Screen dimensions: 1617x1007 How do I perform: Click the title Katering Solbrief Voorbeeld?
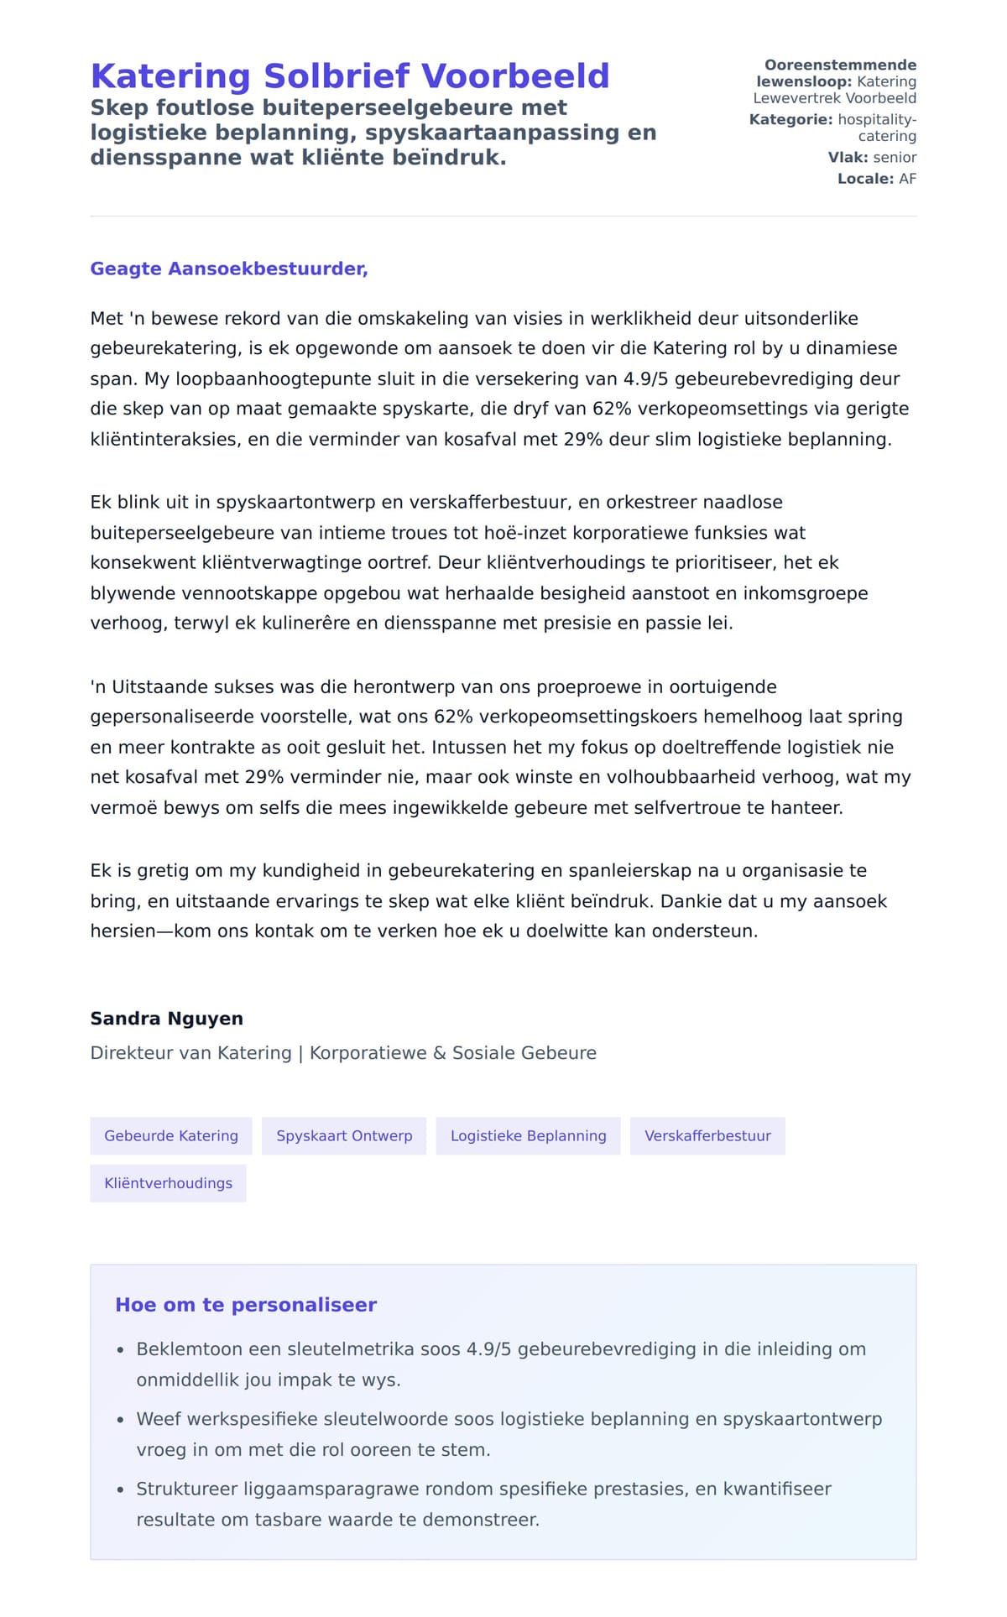click(x=349, y=76)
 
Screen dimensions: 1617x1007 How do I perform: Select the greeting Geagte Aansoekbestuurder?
click(x=228, y=269)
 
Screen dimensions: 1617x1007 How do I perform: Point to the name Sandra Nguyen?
click(x=166, y=1019)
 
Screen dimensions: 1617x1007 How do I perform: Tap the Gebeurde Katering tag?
click(x=171, y=1136)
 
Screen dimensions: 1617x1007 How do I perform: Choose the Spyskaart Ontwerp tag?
click(x=344, y=1136)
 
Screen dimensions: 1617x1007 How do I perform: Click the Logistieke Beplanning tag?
click(x=528, y=1136)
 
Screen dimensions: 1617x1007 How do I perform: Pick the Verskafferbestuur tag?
click(x=707, y=1136)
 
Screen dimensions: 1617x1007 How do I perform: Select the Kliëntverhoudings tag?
click(x=168, y=1183)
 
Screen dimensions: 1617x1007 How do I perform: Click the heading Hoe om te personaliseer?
click(x=246, y=1305)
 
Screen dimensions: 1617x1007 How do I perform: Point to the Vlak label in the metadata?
click(x=848, y=158)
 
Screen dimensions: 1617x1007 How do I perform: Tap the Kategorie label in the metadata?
click(x=790, y=120)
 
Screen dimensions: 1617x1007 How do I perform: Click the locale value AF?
click(x=907, y=179)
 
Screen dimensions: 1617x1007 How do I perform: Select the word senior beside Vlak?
click(x=895, y=158)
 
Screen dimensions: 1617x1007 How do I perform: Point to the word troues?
click(x=459, y=533)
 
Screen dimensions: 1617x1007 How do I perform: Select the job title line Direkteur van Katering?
click(x=343, y=1053)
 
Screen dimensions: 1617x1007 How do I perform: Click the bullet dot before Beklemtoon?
click(x=120, y=1350)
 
